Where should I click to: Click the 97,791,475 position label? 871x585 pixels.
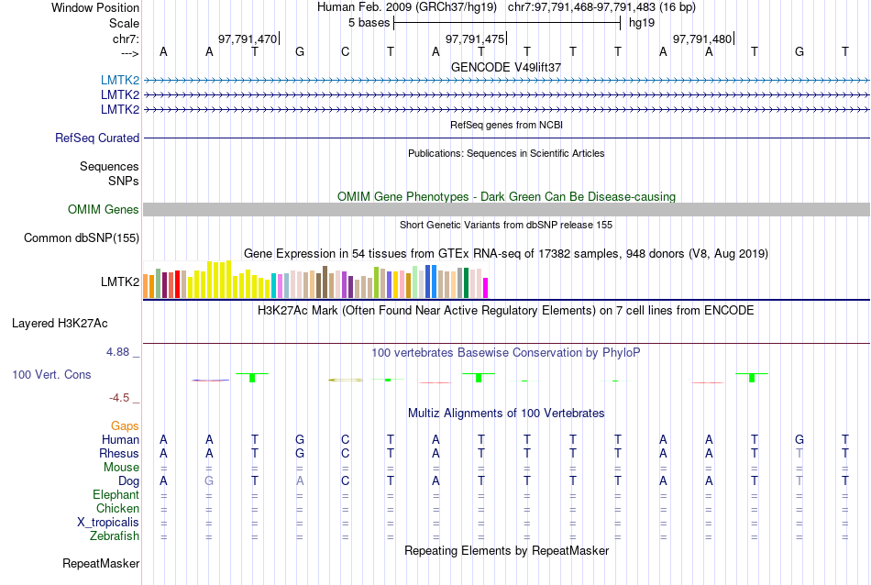click(475, 39)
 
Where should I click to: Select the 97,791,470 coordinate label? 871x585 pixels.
click(247, 39)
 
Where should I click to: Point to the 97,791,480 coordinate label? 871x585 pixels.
click(702, 39)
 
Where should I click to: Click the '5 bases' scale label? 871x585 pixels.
click(369, 22)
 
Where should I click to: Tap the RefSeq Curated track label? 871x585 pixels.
click(97, 138)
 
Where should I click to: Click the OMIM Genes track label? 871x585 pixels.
click(104, 209)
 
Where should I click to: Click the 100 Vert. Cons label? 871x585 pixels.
click(51, 374)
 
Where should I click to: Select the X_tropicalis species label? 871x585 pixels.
click(108, 522)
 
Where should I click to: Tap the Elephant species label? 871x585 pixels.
click(116, 494)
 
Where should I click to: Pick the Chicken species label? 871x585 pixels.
click(117, 508)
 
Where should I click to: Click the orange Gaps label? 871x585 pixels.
click(125, 425)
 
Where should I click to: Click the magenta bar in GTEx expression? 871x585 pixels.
click(486, 288)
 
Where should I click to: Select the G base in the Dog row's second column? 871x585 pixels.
click(209, 480)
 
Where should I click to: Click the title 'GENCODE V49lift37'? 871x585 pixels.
click(506, 67)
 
